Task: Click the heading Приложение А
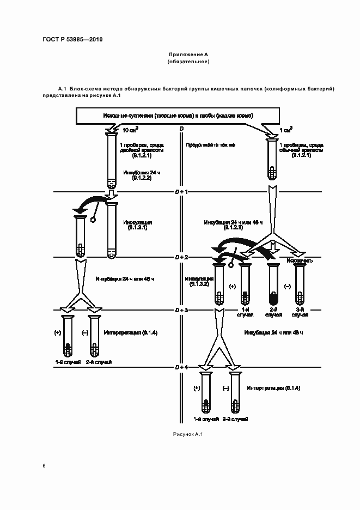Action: coord(188,55)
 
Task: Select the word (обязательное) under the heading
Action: coord(188,62)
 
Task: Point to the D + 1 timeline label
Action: coord(181,192)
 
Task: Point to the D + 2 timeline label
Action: coord(181,256)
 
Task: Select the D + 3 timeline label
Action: coord(181,309)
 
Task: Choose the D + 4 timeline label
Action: coord(181,367)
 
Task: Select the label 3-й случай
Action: coord(299,312)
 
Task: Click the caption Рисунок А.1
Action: coord(187,434)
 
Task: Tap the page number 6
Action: coord(44,466)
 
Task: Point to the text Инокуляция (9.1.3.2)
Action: coord(198,281)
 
